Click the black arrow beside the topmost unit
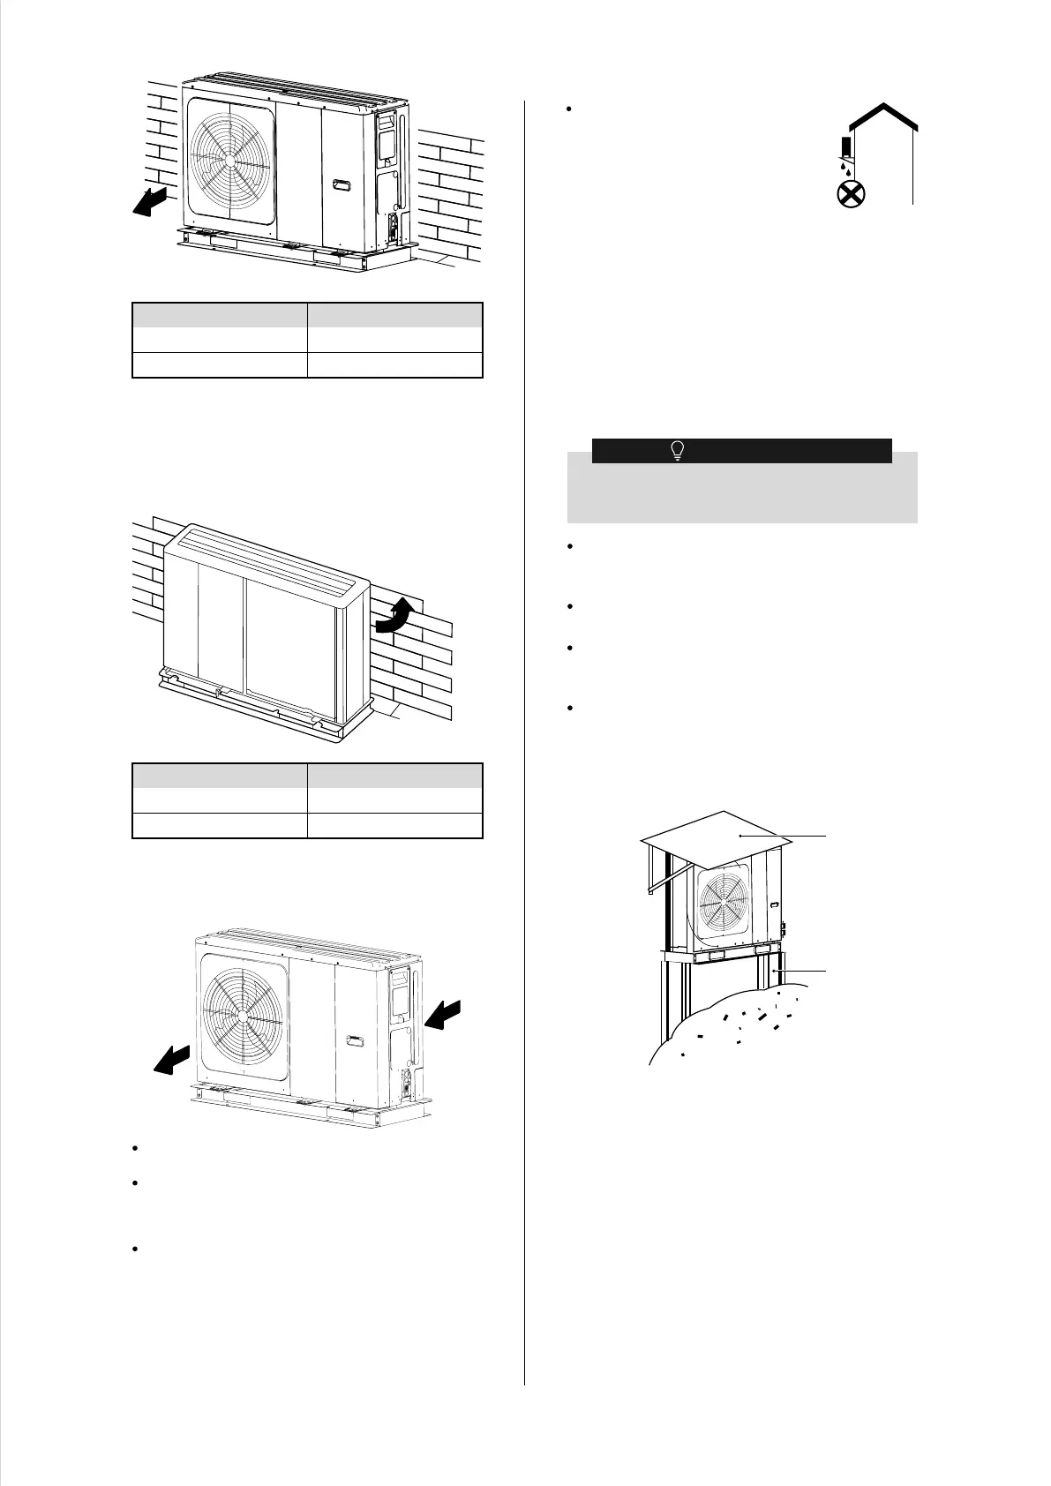[x=146, y=201]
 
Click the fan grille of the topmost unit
[x=229, y=164]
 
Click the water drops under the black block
[x=845, y=166]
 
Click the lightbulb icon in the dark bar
[x=677, y=451]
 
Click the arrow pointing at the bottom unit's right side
[x=444, y=1016]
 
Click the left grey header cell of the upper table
[x=220, y=315]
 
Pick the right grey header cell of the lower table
[x=395, y=776]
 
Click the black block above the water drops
[x=845, y=146]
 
